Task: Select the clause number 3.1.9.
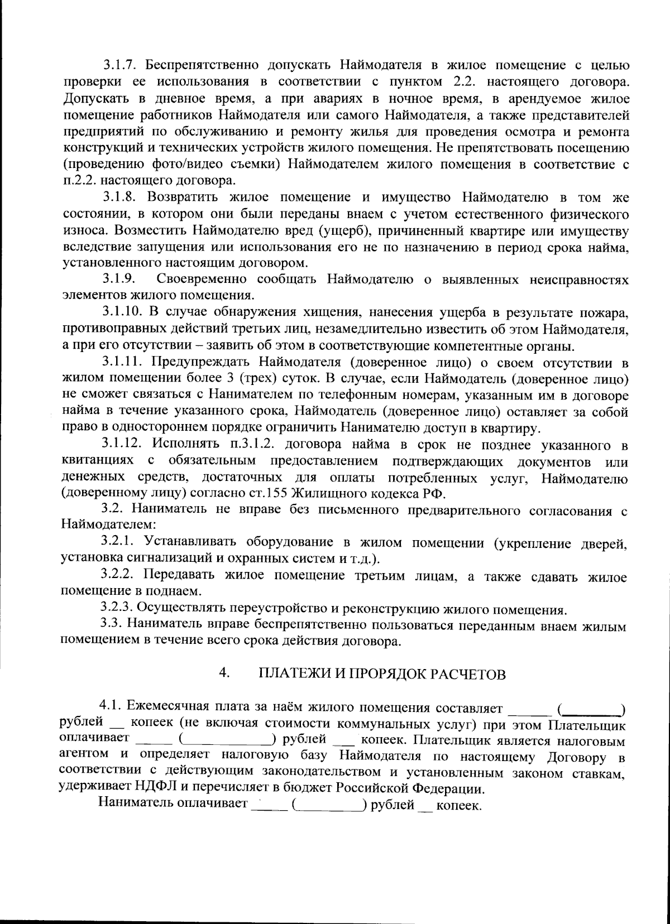[119, 280]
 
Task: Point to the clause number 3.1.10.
[122, 312]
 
